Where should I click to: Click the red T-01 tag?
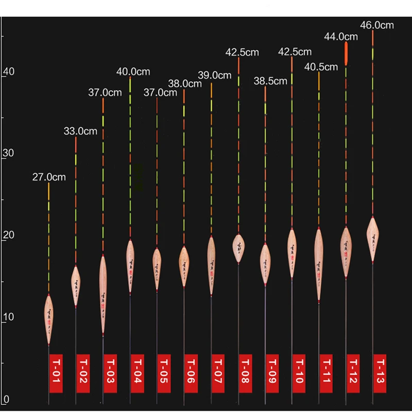tap(56, 373)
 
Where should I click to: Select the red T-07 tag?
tap(217, 373)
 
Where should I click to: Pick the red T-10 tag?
tap(298, 373)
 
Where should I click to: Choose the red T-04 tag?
tap(136, 373)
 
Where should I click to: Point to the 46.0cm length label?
tap(376, 24)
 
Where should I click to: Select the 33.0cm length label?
tap(80, 131)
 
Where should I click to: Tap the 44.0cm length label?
tap(341, 37)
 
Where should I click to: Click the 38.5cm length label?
tap(270, 81)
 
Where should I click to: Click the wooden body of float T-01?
tap(49, 319)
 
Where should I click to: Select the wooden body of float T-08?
tap(238, 248)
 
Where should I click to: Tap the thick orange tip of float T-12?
tap(346, 54)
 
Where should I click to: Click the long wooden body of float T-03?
tap(103, 294)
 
